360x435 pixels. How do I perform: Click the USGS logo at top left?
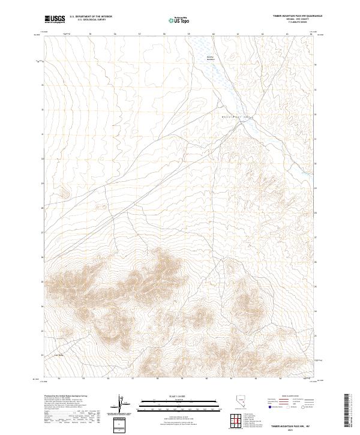pos(56,19)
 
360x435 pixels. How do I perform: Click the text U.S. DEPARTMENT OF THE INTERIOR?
pos(91,17)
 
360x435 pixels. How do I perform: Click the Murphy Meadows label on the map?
pos(210,59)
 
